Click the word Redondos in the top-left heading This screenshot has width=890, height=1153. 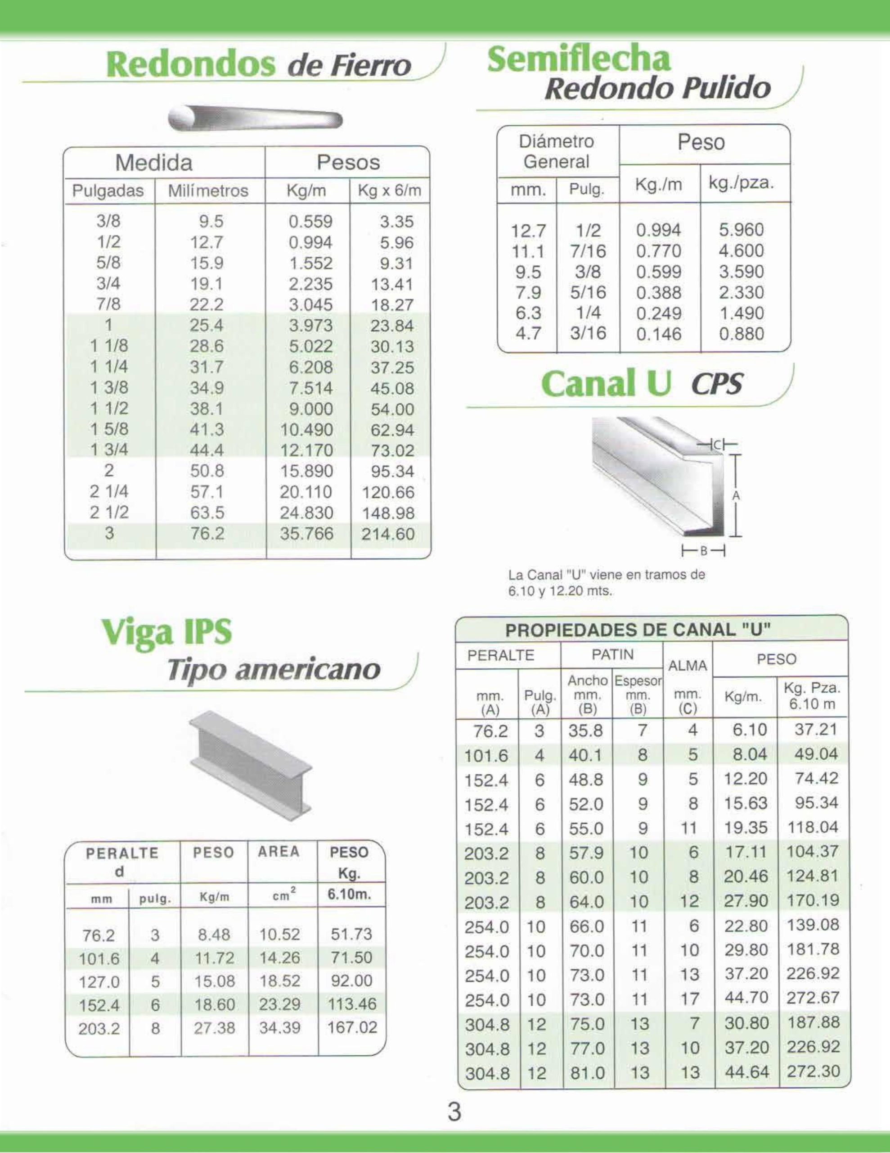pos(190,65)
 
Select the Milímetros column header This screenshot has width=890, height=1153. pos(208,191)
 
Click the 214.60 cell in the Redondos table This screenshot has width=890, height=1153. pos(388,534)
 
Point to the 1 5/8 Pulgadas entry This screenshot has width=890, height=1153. pos(109,429)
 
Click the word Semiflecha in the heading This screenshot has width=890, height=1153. pos(578,59)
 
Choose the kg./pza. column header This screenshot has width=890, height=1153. pos(741,184)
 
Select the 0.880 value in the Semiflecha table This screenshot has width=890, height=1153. pos(741,334)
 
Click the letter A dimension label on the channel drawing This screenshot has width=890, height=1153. pos(736,496)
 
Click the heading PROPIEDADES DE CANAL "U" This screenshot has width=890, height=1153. pos(638,630)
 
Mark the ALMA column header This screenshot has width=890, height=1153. pos(688,666)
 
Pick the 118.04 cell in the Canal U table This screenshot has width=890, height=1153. pos(813,827)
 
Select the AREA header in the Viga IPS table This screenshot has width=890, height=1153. pos(279,852)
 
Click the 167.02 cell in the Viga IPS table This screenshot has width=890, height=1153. pos(352,1027)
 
